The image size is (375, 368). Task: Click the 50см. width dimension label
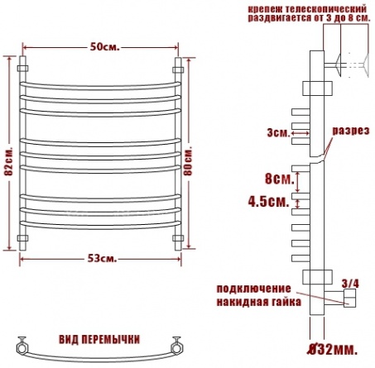(105, 47)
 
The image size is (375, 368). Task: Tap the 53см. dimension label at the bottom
(103, 259)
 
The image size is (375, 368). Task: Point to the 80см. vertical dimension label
(188, 162)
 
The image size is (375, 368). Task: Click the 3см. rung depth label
(278, 133)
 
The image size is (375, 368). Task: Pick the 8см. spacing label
(280, 179)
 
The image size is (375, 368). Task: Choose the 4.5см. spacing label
(268, 202)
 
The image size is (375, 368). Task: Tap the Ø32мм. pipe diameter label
(333, 350)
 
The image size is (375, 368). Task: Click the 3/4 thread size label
(350, 284)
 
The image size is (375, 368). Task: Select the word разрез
(351, 131)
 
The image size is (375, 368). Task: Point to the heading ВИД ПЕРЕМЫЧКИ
(99, 339)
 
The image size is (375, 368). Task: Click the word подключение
(253, 289)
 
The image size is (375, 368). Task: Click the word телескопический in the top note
(326, 9)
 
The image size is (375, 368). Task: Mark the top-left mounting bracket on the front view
(22, 68)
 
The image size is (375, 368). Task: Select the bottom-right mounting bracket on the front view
(178, 238)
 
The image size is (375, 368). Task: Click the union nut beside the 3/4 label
(349, 298)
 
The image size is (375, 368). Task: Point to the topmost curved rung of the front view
(100, 87)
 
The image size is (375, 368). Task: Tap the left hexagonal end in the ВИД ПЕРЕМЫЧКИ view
(22, 347)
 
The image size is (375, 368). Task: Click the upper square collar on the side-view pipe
(317, 88)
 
